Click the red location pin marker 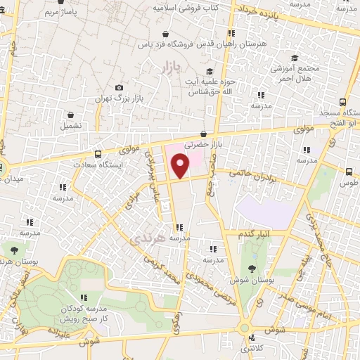click(181, 166)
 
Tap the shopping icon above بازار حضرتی click(202, 134)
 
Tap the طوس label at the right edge click(348, 183)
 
